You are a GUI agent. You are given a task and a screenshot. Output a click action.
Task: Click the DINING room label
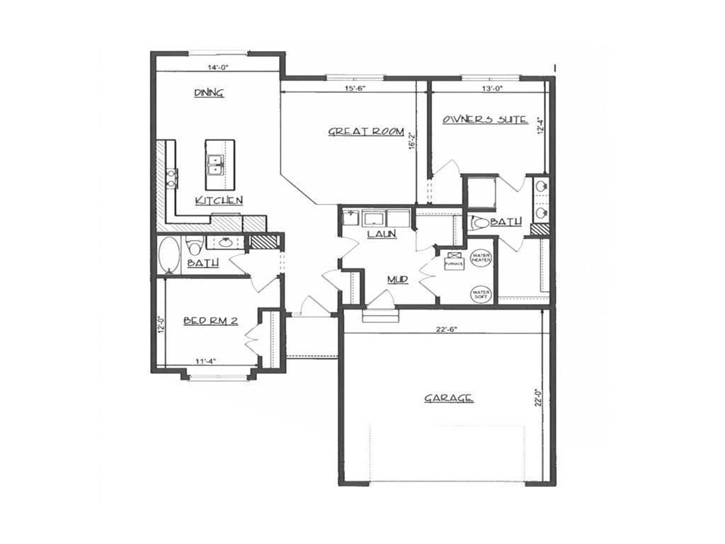click(209, 93)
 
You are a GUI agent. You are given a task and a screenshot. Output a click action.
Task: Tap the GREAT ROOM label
click(365, 132)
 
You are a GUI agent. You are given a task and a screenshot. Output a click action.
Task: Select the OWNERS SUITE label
click(484, 120)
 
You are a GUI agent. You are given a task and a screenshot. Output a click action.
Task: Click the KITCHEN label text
click(219, 200)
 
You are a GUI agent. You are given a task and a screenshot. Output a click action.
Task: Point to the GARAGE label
click(448, 398)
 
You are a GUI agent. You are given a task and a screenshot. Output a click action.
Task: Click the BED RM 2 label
click(210, 321)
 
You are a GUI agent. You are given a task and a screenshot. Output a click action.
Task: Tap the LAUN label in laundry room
click(381, 234)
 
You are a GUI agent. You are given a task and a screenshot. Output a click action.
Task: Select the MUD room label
click(397, 280)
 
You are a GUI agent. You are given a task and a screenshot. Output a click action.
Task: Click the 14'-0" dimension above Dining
click(218, 68)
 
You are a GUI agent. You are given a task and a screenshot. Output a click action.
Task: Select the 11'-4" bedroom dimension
click(205, 361)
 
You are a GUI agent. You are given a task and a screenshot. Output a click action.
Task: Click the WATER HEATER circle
click(481, 259)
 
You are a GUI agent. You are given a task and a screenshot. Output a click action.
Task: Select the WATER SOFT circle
click(481, 293)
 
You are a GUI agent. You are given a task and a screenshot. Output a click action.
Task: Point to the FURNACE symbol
click(454, 261)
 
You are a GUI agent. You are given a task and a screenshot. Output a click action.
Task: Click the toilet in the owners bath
click(479, 222)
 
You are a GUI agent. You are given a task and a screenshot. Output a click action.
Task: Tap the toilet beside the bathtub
click(194, 246)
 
